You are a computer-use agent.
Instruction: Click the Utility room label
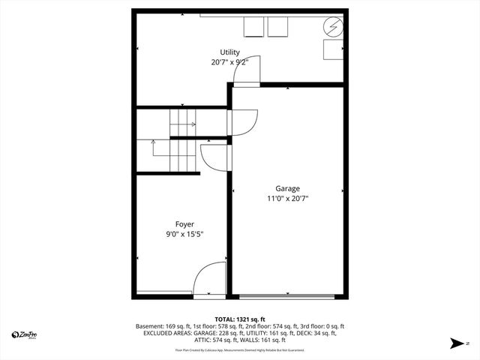(x=229, y=52)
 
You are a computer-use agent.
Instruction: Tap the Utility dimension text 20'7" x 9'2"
(x=229, y=62)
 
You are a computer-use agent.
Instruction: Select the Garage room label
(x=287, y=189)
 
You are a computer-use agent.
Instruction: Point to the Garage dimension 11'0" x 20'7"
(x=287, y=199)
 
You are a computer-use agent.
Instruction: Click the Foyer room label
(x=184, y=224)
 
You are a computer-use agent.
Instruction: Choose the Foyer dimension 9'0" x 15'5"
(x=184, y=234)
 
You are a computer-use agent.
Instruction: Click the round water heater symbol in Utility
(x=332, y=28)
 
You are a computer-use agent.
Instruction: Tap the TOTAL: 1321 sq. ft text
(x=239, y=319)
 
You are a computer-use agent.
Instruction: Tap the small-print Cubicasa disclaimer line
(x=239, y=349)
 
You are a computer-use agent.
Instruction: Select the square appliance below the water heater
(x=333, y=50)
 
